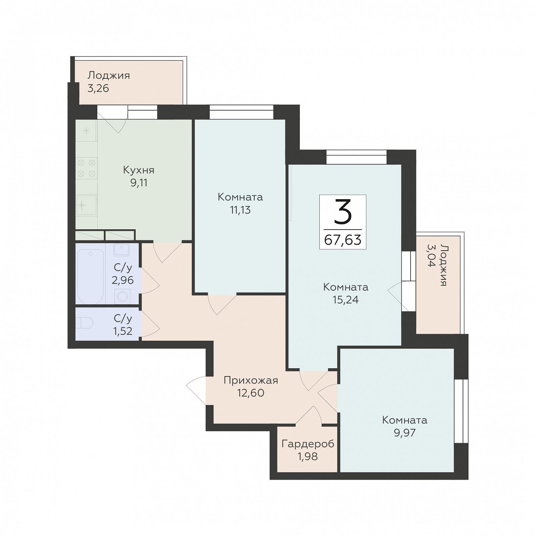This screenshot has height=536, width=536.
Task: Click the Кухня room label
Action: [x=139, y=170]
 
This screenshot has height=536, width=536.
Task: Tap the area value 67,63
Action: [x=343, y=240]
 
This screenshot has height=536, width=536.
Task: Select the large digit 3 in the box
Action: [x=343, y=212]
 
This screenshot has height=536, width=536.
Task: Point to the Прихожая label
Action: [x=251, y=380]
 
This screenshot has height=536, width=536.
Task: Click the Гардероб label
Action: [x=308, y=444]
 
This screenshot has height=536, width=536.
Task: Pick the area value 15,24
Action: [x=345, y=300]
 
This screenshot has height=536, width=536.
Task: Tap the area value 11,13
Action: [x=240, y=210]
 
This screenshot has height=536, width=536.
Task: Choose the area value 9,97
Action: [x=405, y=432]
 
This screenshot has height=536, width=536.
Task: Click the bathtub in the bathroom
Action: [x=90, y=277]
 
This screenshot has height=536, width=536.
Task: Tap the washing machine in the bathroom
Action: [x=122, y=296]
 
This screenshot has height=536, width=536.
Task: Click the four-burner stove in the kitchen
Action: [x=86, y=168]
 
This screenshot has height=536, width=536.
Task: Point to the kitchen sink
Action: [x=86, y=205]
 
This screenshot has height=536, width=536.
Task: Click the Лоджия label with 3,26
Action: [x=109, y=75]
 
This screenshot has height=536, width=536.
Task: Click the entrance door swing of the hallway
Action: [x=197, y=390]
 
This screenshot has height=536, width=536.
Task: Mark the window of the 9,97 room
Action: [x=461, y=411]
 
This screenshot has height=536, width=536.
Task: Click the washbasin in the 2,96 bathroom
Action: [x=121, y=249]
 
